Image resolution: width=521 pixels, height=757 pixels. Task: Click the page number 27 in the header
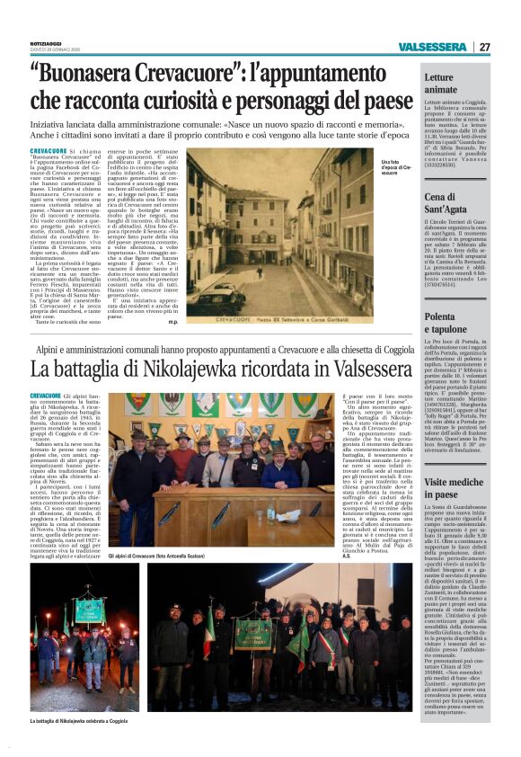(x=484, y=47)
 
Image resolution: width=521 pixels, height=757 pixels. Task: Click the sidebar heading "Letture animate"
(x=440, y=84)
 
